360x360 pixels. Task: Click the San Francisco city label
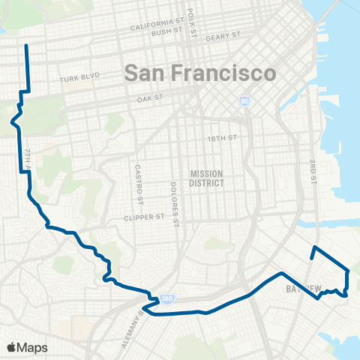[198, 73]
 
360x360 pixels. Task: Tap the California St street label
[156, 26]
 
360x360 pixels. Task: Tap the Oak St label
[150, 98]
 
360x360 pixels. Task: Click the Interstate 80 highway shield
[244, 100]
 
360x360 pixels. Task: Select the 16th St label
[221, 138]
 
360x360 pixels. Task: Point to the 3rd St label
[313, 172]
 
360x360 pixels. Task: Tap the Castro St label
[139, 184]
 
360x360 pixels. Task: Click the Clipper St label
[143, 218]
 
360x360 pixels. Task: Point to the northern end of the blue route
[26, 46]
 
